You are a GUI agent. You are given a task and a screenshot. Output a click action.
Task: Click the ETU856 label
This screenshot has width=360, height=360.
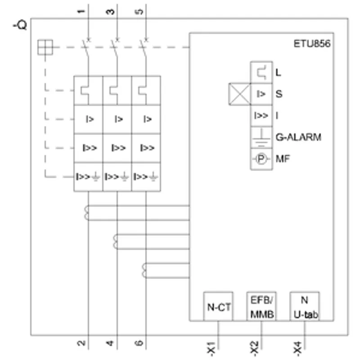[x=312, y=44]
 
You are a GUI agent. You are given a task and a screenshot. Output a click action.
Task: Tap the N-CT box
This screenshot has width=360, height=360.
[x=218, y=306]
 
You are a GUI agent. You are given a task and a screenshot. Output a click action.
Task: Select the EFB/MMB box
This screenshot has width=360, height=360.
[x=261, y=306]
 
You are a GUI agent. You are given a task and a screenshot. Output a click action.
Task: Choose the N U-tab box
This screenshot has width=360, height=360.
[x=305, y=306]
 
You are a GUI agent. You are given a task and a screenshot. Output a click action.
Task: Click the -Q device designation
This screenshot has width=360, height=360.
[x=20, y=25]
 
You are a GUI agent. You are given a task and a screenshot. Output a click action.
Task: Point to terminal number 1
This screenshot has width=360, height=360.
[x=81, y=12]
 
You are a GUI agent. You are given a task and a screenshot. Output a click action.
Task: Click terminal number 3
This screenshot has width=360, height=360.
[x=110, y=12]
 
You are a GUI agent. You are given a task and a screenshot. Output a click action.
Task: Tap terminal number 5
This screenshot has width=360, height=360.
[x=139, y=12]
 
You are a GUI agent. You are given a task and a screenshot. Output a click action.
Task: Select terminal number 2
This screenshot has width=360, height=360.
[x=81, y=343]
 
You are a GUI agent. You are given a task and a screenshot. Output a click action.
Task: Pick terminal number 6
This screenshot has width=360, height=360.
[x=139, y=343]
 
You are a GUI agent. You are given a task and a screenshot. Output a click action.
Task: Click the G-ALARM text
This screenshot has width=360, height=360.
[x=298, y=137]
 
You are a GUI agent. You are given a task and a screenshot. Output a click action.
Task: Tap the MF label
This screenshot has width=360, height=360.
[x=283, y=159]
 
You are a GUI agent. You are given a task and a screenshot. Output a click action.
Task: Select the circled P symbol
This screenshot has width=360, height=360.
[x=261, y=159]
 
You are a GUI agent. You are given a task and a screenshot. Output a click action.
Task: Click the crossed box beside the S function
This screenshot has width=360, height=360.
[x=239, y=94]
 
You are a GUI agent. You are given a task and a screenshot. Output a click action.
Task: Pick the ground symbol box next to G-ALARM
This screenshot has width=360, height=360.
[x=261, y=138]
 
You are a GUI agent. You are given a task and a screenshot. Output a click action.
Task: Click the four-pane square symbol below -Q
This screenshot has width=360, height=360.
[x=45, y=47]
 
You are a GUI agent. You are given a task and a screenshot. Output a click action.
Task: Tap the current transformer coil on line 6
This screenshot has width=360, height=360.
[x=144, y=270]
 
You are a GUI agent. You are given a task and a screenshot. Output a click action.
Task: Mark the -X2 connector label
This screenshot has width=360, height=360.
[x=254, y=348]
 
